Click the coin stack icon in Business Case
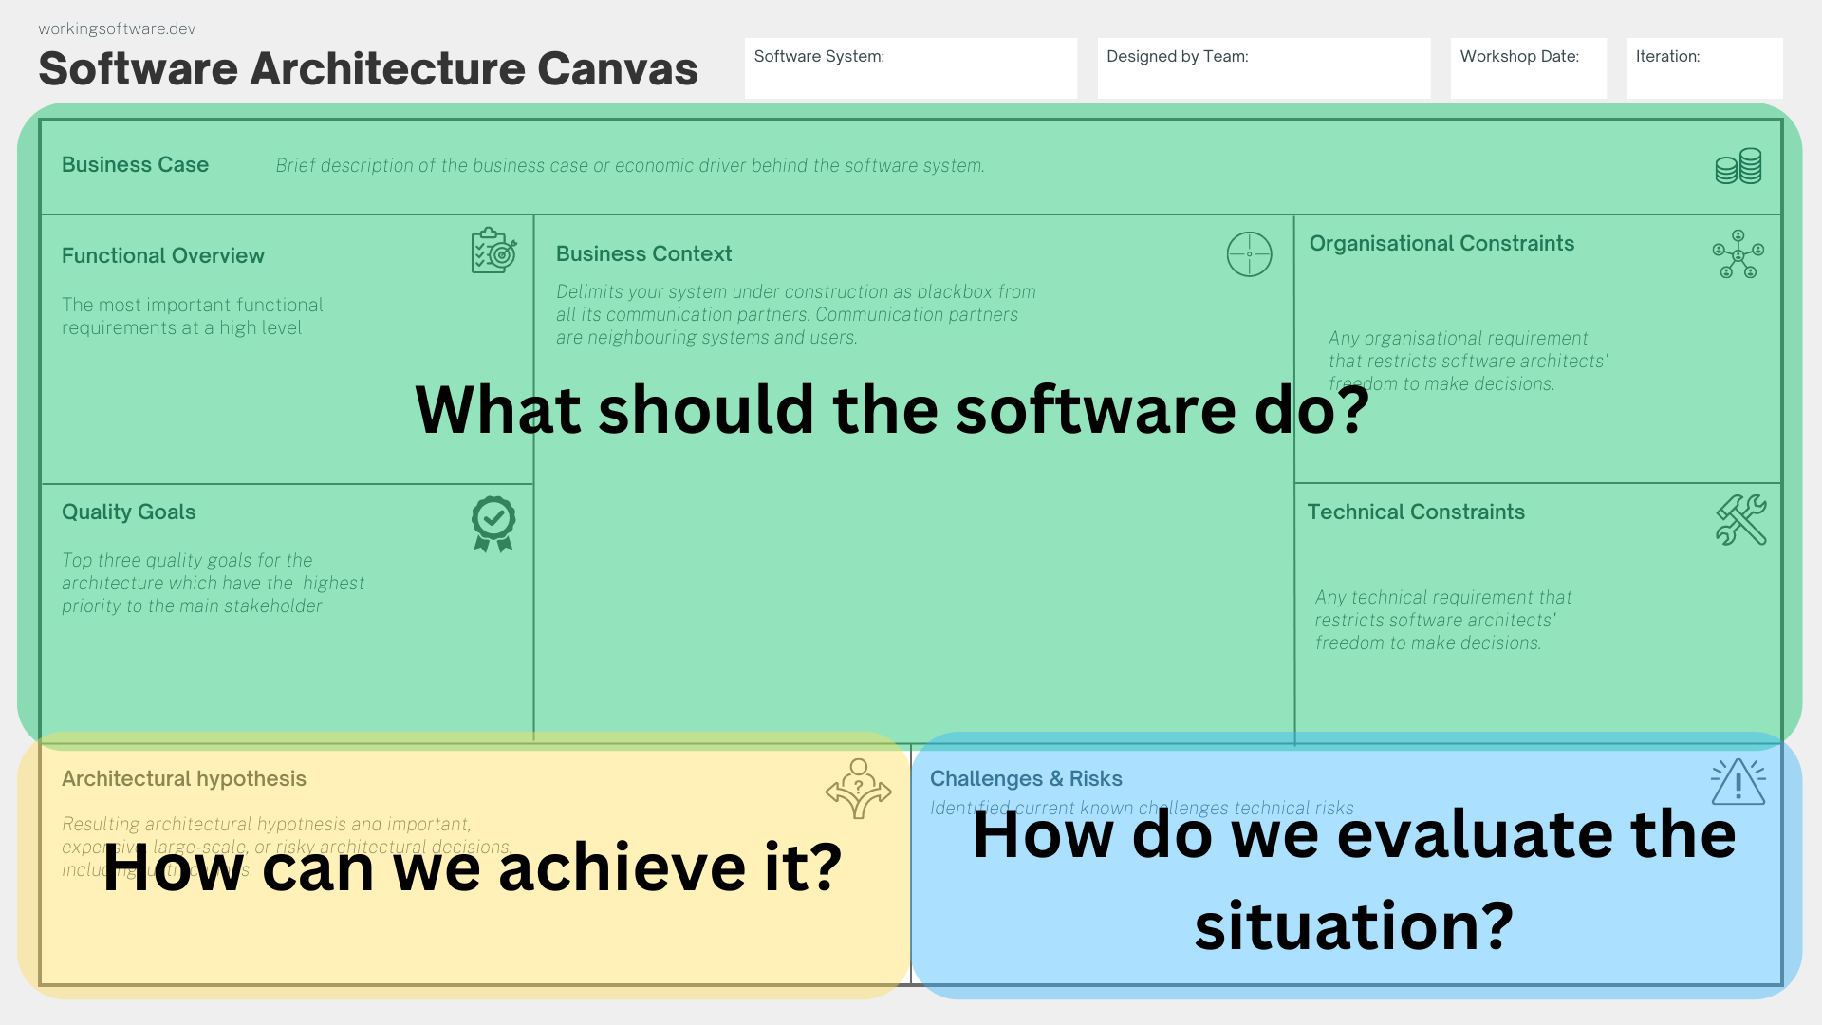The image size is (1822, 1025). (1738, 166)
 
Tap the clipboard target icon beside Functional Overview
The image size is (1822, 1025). (493, 251)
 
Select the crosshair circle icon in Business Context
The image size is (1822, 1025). (1249, 254)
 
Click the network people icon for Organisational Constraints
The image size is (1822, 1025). (1738, 253)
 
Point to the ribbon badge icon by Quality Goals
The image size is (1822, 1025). (493, 523)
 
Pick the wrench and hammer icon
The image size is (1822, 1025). (1740, 520)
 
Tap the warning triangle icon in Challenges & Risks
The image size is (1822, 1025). (1738, 782)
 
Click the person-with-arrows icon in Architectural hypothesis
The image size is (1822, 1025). (858, 788)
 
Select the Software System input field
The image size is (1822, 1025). (910, 68)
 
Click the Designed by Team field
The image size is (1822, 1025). (1263, 68)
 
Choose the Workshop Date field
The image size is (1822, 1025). (1528, 68)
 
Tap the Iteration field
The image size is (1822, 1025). (1704, 68)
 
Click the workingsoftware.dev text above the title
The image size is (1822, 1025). (117, 28)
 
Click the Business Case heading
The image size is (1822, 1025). (135, 165)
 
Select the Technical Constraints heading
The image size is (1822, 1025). (1416, 512)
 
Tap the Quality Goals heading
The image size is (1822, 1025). (128, 512)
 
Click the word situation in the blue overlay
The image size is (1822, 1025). (1353, 926)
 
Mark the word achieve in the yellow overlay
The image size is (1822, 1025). (622, 867)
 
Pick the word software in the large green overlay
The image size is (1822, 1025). (1095, 410)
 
